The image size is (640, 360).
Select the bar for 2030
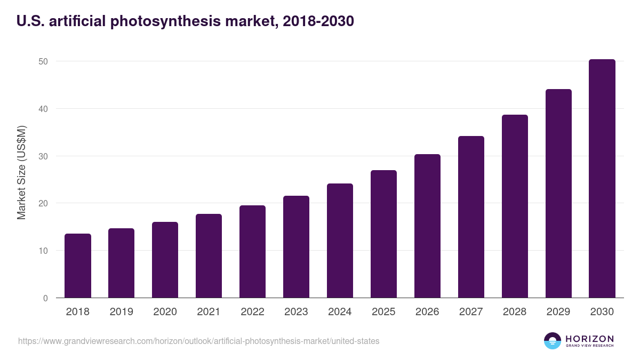click(602, 179)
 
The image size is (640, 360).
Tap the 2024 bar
click(340, 241)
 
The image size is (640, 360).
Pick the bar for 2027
click(471, 217)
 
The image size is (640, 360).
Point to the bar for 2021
click(209, 256)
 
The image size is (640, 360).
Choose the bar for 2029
click(558, 194)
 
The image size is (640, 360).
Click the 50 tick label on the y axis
click(43, 61)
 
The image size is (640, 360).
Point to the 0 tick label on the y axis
click(45, 298)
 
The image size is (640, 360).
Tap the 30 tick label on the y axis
click(43, 156)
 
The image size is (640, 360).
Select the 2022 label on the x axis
click(252, 312)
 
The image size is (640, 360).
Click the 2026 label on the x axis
click(427, 312)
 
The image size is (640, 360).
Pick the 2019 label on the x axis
click(121, 312)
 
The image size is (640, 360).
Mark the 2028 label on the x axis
click(515, 312)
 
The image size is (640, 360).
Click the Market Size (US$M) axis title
click(22, 172)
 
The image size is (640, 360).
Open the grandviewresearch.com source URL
click(199, 341)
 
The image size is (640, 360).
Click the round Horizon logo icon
click(553, 341)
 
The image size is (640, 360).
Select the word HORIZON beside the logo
click(589, 339)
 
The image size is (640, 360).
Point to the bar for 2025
click(383, 234)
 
